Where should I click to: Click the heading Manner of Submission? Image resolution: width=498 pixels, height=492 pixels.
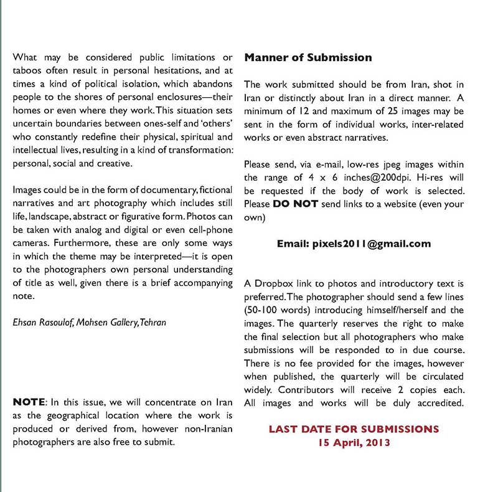click(308, 58)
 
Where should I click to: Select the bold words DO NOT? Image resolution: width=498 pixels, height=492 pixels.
click(296, 204)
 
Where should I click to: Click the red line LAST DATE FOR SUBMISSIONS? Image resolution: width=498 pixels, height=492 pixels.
click(354, 430)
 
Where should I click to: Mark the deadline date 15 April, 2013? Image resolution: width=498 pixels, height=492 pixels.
click(354, 443)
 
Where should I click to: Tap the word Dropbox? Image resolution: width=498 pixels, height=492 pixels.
click(272, 284)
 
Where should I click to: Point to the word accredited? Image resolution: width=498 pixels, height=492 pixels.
click(441, 403)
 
